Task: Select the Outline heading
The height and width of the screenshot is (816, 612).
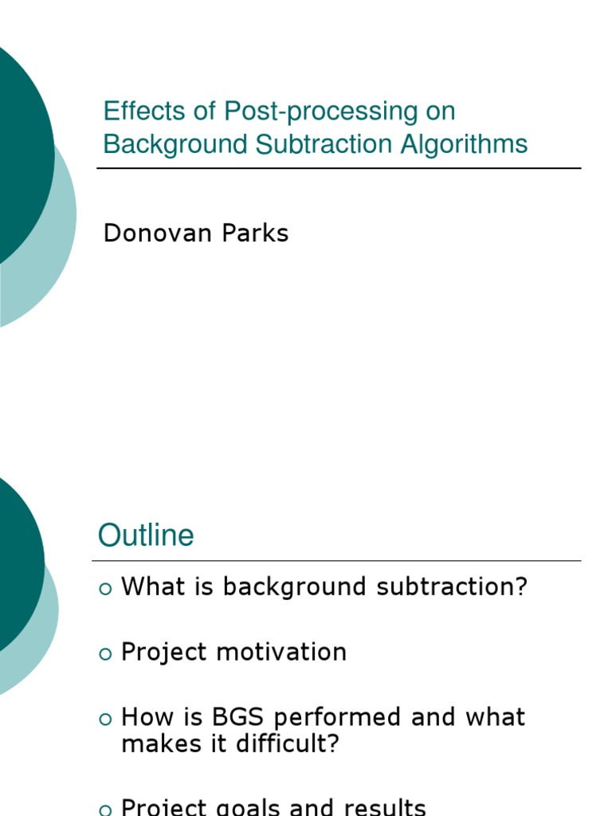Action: [x=146, y=535]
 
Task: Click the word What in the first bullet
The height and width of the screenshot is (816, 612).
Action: [x=151, y=587]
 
